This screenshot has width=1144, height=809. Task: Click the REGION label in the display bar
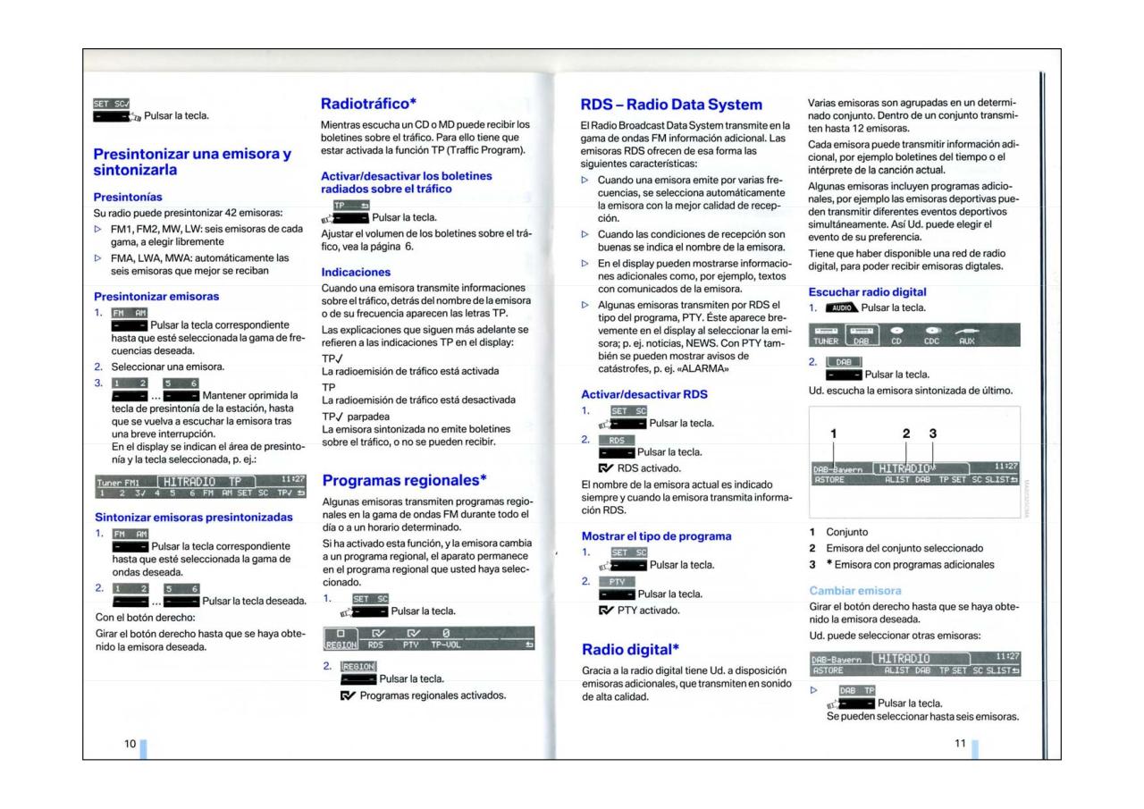click(x=340, y=644)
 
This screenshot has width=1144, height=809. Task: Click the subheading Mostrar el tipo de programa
click(x=656, y=535)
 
